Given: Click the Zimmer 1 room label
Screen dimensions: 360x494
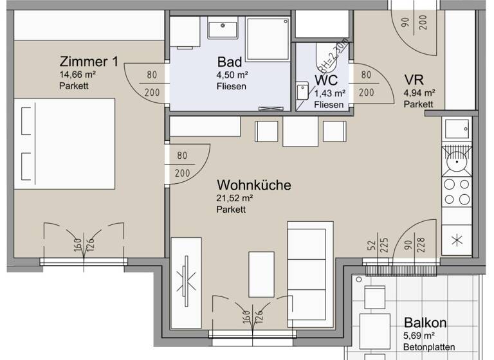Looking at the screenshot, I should [x=89, y=62].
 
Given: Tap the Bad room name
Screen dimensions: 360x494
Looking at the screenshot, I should [x=230, y=62].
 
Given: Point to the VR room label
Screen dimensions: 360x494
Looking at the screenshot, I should [x=413, y=80].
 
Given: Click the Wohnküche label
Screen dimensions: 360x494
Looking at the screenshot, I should [x=253, y=185].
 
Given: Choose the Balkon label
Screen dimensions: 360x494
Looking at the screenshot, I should [x=425, y=323].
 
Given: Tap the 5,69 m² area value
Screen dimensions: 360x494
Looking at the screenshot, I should [x=419, y=336].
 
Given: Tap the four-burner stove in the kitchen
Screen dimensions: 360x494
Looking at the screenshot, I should [x=457, y=191].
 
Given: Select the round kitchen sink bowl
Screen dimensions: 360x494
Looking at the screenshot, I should [x=457, y=161].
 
